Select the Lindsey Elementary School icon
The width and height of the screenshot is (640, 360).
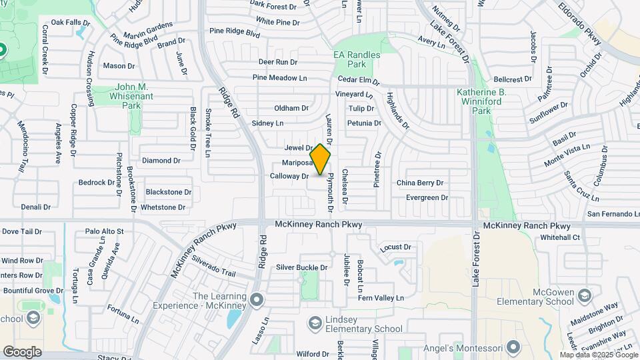coord(315,323)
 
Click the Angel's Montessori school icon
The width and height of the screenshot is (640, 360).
coord(513,347)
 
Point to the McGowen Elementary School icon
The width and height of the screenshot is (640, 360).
coord(584,295)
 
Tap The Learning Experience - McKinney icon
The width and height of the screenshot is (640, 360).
coord(254,301)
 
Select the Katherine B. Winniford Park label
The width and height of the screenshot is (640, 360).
coord(491,97)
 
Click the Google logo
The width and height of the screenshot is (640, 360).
coord(22,351)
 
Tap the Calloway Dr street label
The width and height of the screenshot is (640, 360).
coord(289,177)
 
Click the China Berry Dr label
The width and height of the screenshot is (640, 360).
coord(420,183)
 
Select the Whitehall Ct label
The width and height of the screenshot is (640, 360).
coord(560,237)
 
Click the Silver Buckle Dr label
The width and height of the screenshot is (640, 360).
coord(302,268)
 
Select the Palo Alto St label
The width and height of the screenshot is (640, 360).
coord(105,231)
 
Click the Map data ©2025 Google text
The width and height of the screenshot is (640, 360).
coord(599,355)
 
